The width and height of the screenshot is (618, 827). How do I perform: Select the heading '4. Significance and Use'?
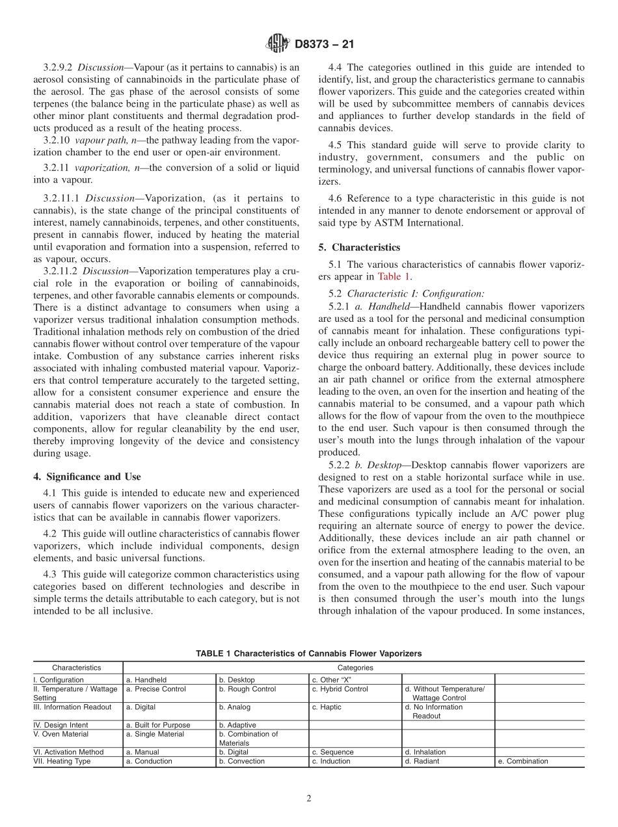(87, 477)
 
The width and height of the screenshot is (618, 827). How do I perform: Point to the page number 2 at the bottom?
(309, 798)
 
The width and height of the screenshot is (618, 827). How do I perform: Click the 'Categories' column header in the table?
(355, 667)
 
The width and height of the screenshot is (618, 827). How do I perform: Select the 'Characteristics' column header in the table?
(77, 667)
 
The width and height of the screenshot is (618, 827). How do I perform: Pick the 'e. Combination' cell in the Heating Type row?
(522, 761)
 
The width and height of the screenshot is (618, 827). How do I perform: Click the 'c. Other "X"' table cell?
(332, 679)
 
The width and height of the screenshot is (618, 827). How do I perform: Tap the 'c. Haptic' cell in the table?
(326, 707)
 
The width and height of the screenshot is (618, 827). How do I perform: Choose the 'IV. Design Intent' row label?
(60, 725)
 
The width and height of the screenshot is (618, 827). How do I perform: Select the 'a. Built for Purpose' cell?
(158, 725)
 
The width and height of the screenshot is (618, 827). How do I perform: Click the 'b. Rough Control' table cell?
(247, 689)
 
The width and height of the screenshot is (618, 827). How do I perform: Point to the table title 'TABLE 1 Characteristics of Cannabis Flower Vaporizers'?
(308, 653)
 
